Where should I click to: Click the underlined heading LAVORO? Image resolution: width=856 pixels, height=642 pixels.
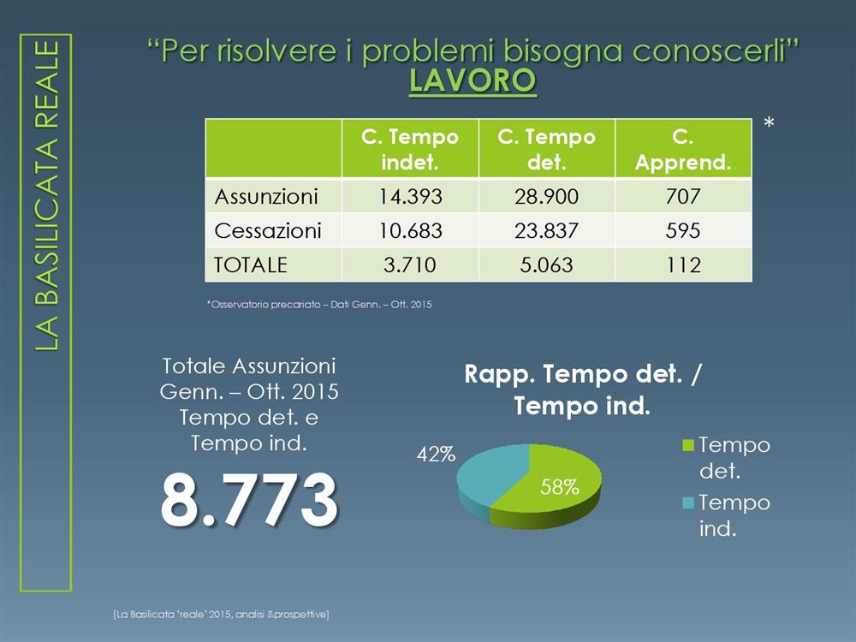point(473,80)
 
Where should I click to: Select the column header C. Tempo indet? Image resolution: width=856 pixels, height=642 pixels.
point(410,149)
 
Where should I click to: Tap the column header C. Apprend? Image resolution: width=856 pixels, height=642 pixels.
point(683,149)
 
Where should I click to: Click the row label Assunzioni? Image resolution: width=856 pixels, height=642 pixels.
point(266,197)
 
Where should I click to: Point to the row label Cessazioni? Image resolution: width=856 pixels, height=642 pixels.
point(267,231)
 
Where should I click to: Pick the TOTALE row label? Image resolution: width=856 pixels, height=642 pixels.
point(251,265)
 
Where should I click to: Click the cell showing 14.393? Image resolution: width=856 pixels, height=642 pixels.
point(411,197)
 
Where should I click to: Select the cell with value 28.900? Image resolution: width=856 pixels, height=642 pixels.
point(546,197)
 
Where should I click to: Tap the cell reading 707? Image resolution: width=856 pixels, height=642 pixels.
point(683,197)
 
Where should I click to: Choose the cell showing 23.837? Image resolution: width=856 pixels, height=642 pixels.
point(546,231)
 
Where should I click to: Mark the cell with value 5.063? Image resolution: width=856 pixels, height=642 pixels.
point(546,265)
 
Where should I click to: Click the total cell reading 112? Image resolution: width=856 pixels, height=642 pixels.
point(683,265)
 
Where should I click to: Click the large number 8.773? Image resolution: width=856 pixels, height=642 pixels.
point(249,499)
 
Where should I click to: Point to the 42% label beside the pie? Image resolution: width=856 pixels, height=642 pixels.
point(436,455)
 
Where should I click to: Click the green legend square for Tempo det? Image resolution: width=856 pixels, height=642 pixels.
point(688,445)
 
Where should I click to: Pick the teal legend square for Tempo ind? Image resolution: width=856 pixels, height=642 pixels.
point(688,502)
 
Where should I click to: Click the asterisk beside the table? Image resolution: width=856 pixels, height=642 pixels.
point(769,123)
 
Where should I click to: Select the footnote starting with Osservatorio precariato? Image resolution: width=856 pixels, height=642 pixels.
point(319,304)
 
